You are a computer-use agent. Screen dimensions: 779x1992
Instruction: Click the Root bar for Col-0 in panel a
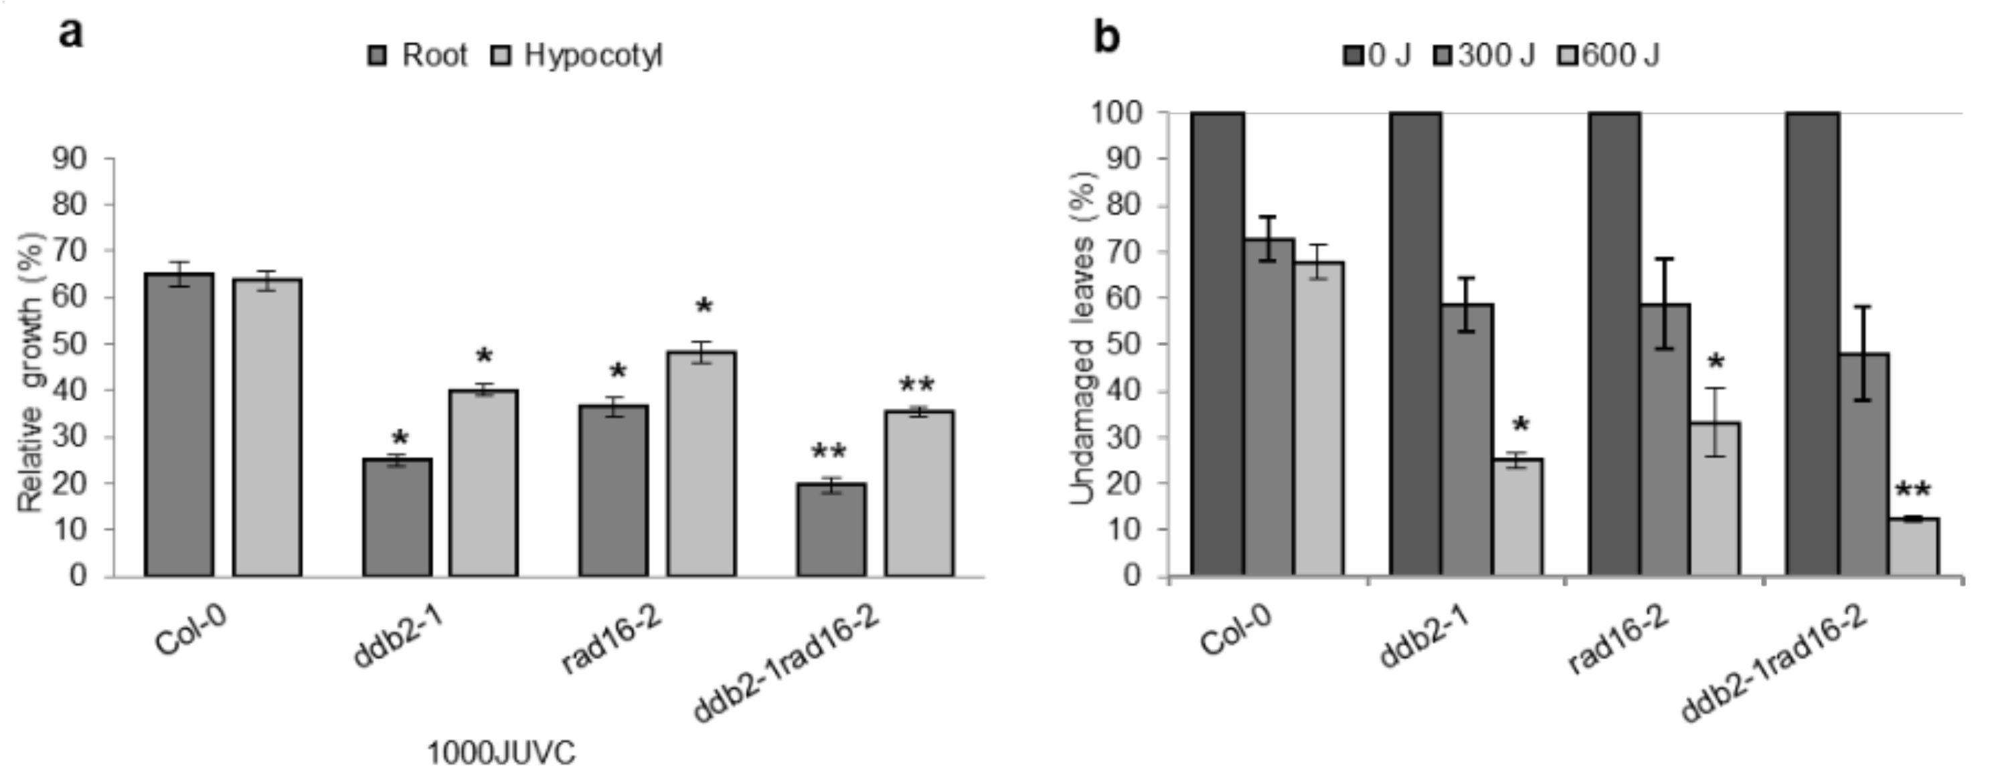pos(179,425)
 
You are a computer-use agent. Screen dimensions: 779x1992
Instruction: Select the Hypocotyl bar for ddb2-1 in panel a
pos(483,483)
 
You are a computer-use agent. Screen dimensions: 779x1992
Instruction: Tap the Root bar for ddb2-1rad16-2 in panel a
pos(831,530)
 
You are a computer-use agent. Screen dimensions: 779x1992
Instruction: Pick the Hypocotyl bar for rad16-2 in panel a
pos(701,464)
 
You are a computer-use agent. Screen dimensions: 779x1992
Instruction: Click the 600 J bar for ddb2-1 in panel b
pos(1517,518)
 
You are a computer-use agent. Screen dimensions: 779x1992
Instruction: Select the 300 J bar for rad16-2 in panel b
pos(1665,440)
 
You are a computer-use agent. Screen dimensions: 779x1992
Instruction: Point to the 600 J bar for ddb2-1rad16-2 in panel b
pos(1914,547)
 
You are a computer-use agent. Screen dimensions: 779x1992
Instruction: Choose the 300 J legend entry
pos(1485,56)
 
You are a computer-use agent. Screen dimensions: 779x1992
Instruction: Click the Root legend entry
pos(418,56)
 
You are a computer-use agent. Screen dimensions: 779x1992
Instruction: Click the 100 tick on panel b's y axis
pos(1116,113)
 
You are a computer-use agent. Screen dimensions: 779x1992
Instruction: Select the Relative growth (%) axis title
pos(31,371)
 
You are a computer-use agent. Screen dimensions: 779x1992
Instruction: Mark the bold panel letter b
pos(1106,35)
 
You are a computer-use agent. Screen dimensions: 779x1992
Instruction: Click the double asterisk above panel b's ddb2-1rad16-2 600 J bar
pos(1912,491)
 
